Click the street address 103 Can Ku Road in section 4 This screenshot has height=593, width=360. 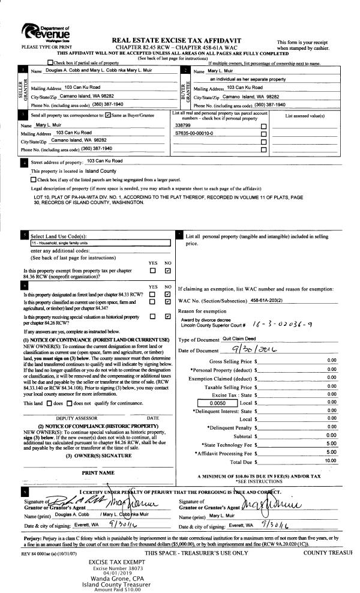click(104, 161)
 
